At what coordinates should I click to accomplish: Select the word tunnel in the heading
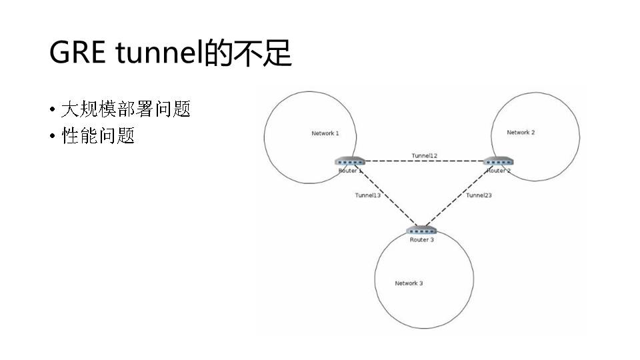coord(159,53)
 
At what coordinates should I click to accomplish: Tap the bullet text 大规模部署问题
coord(126,109)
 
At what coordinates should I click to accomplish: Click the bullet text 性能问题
coord(98,137)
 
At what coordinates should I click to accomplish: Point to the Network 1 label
coord(325,133)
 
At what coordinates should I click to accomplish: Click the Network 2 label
coord(521,133)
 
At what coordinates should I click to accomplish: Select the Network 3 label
coord(409,283)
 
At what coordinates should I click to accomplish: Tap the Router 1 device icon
coord(350,161)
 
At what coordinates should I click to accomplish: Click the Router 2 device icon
coord(497,161)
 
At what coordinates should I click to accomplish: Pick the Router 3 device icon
coord(421,230)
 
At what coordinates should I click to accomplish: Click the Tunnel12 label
coord(425,155)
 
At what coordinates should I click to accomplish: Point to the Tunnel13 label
coord(367,195)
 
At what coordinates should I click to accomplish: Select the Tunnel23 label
coord(479,195)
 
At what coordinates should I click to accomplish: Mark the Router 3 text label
coord(421,240)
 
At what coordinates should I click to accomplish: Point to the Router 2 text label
coord(498,171)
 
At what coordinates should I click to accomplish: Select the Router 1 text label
coord(349,171)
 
